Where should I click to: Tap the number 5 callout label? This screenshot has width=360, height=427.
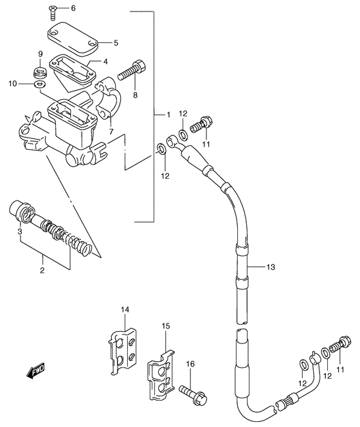click(116, 43)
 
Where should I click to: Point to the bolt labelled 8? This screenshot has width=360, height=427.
click(132, 69)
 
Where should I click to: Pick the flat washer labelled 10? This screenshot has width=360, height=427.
click(40, 84)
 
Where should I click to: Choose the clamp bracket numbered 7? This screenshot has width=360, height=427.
click(107, 99)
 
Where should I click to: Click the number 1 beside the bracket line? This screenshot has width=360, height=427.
click(168, 114)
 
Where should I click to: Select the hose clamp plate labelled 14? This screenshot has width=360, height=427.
click(122, 351)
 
